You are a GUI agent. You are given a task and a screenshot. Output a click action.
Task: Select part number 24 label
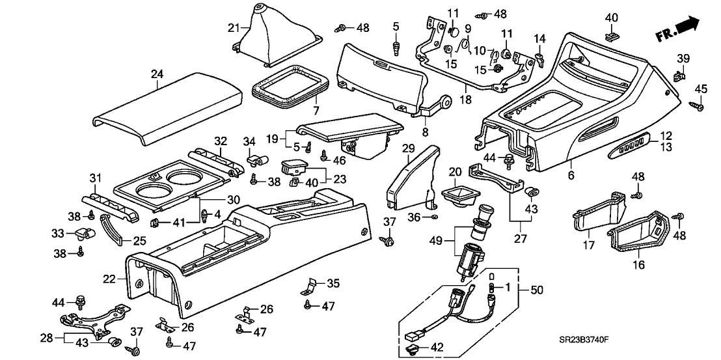[x=156, y=74]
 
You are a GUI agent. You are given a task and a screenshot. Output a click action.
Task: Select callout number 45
[x=701, y=89]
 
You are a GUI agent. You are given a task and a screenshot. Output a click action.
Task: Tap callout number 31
[x=96, y=179]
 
